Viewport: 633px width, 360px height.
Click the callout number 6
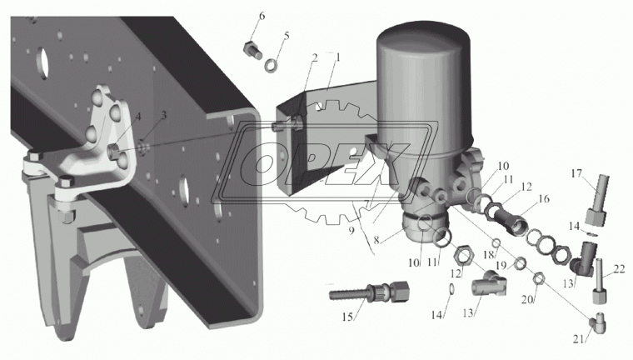(x=262, y=17)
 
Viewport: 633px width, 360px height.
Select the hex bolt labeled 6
(x=253, y=50)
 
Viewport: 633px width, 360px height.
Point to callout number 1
(x=338, y=57)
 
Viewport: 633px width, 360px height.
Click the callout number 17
(x=576, y=173)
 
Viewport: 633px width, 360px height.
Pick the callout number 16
(x=544, y=198)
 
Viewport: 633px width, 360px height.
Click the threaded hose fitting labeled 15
(x=369, y=291)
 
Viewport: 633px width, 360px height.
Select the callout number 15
(x=347, y=317)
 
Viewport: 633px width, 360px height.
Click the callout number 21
(x=579, y=339)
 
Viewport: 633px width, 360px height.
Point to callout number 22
(x=620, y=268)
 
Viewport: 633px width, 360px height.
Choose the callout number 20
(x=527, y=299)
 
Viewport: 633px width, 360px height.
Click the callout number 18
(x=488, y=255)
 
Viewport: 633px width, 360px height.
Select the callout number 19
(x=501, y=265)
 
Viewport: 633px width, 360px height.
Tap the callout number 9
(x=351, y=230)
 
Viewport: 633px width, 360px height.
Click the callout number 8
(x=376, y=240)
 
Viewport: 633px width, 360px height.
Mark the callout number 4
(x=138, y=117)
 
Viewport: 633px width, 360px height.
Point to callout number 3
(x=163, y=116)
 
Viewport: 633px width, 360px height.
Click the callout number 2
(x=315, y=58)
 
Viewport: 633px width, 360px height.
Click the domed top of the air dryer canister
(x=423, y=33)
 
